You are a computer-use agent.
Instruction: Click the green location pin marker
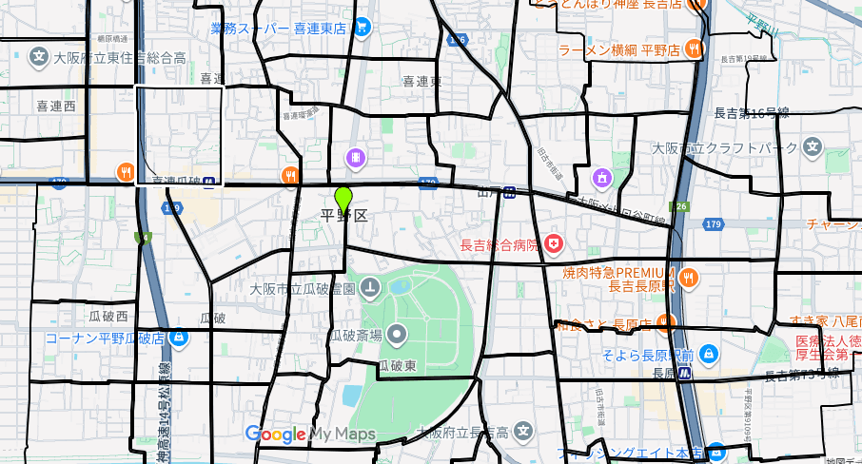(343, 201)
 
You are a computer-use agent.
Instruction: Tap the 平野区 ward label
(344, 216)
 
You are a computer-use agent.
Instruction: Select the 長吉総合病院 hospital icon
(554, 246)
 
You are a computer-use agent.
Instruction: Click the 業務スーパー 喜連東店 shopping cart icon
(362, 28)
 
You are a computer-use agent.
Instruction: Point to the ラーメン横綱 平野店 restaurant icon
(695, 48)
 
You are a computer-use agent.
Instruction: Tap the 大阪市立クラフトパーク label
(723, 148)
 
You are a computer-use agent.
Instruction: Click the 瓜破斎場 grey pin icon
(398, 334)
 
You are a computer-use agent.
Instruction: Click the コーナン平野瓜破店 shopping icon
(180, 338)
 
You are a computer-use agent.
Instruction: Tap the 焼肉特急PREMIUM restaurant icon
(690, 278)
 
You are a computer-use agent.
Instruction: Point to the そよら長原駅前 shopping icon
(707, 355)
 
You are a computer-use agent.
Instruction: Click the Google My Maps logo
(310, 435)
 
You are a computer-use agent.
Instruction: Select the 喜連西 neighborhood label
(55, 106)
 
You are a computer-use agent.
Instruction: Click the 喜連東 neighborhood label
(421, 82)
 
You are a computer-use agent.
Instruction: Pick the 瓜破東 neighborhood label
(397, 365)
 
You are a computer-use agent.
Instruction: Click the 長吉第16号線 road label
(751, 113)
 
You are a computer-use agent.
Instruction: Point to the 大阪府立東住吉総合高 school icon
(39, 57)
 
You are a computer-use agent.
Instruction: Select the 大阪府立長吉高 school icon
(522, 433)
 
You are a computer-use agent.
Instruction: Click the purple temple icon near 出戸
(601, 177)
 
